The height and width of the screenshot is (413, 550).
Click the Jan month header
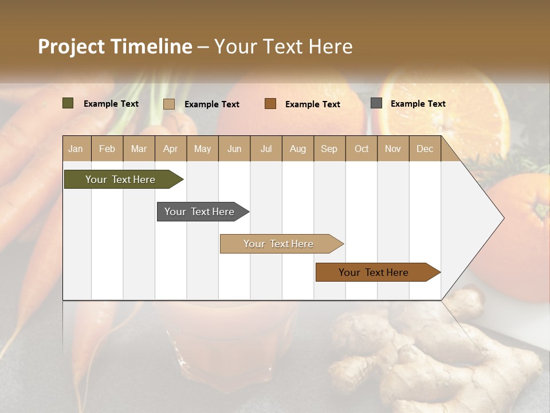76,149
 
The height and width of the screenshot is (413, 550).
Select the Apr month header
171,149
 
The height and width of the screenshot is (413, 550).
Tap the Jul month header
266,149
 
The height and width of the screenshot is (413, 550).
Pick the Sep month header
329,149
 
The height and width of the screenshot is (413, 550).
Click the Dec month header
425,149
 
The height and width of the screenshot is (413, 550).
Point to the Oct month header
362,149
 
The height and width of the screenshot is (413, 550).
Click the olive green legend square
68,103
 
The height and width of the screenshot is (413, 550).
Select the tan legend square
169,104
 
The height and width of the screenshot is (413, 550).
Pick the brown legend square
270,104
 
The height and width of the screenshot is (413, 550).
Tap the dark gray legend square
376,103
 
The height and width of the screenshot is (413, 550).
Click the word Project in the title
72,46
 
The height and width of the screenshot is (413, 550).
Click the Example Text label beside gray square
418,104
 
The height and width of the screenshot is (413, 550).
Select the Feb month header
107,149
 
